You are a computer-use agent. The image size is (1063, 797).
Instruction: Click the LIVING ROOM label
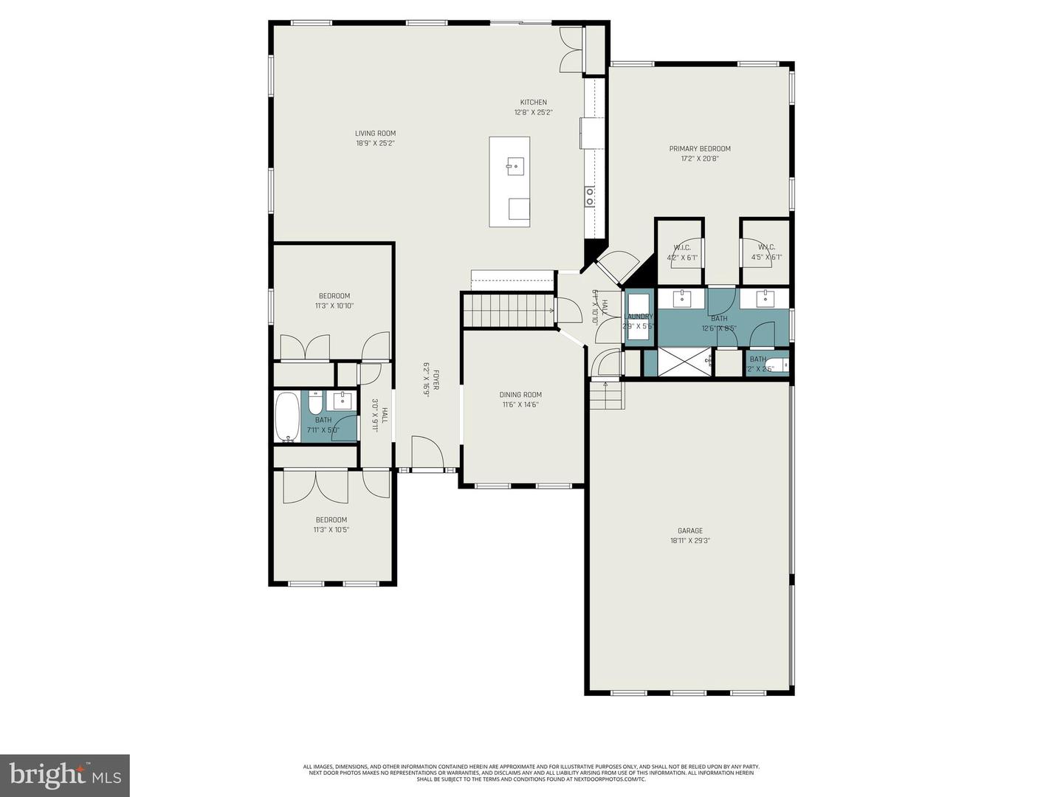pyautogui.click(x=375, y=134)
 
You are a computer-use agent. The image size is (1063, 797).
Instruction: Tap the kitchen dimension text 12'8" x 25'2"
pyautogui.click(x=533, y=113)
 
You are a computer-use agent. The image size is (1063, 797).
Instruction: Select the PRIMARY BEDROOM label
pyautogui.click(x=700, y=148)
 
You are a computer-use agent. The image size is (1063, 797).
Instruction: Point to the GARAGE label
pyautogui.click(x=689, y=531)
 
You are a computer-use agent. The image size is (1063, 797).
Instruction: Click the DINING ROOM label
pyautogui.click(x=520, y=395)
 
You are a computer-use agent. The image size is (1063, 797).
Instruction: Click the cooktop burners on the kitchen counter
pyautogui.click(x=590, y=196)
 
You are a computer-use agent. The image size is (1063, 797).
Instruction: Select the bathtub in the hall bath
pyautogui.click(x=287, y=417)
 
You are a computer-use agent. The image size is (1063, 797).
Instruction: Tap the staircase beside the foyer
pyautogui.click(x=508, y=310)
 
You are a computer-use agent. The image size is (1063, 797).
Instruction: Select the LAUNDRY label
pyautogui.click(x=638, y=317)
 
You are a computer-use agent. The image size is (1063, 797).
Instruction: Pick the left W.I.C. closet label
pyautogui.click(x=681, y=247)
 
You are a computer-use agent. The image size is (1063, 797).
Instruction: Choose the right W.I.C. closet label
pyautogui.click(x=766, y=247)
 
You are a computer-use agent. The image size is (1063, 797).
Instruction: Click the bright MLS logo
pyautogui.click(x=65, y=775)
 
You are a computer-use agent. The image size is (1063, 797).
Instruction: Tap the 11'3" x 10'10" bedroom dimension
pyautogui.click(x=334, y=306)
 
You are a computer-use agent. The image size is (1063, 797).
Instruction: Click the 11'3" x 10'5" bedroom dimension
pyautogui.click(x=331, y=529)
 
